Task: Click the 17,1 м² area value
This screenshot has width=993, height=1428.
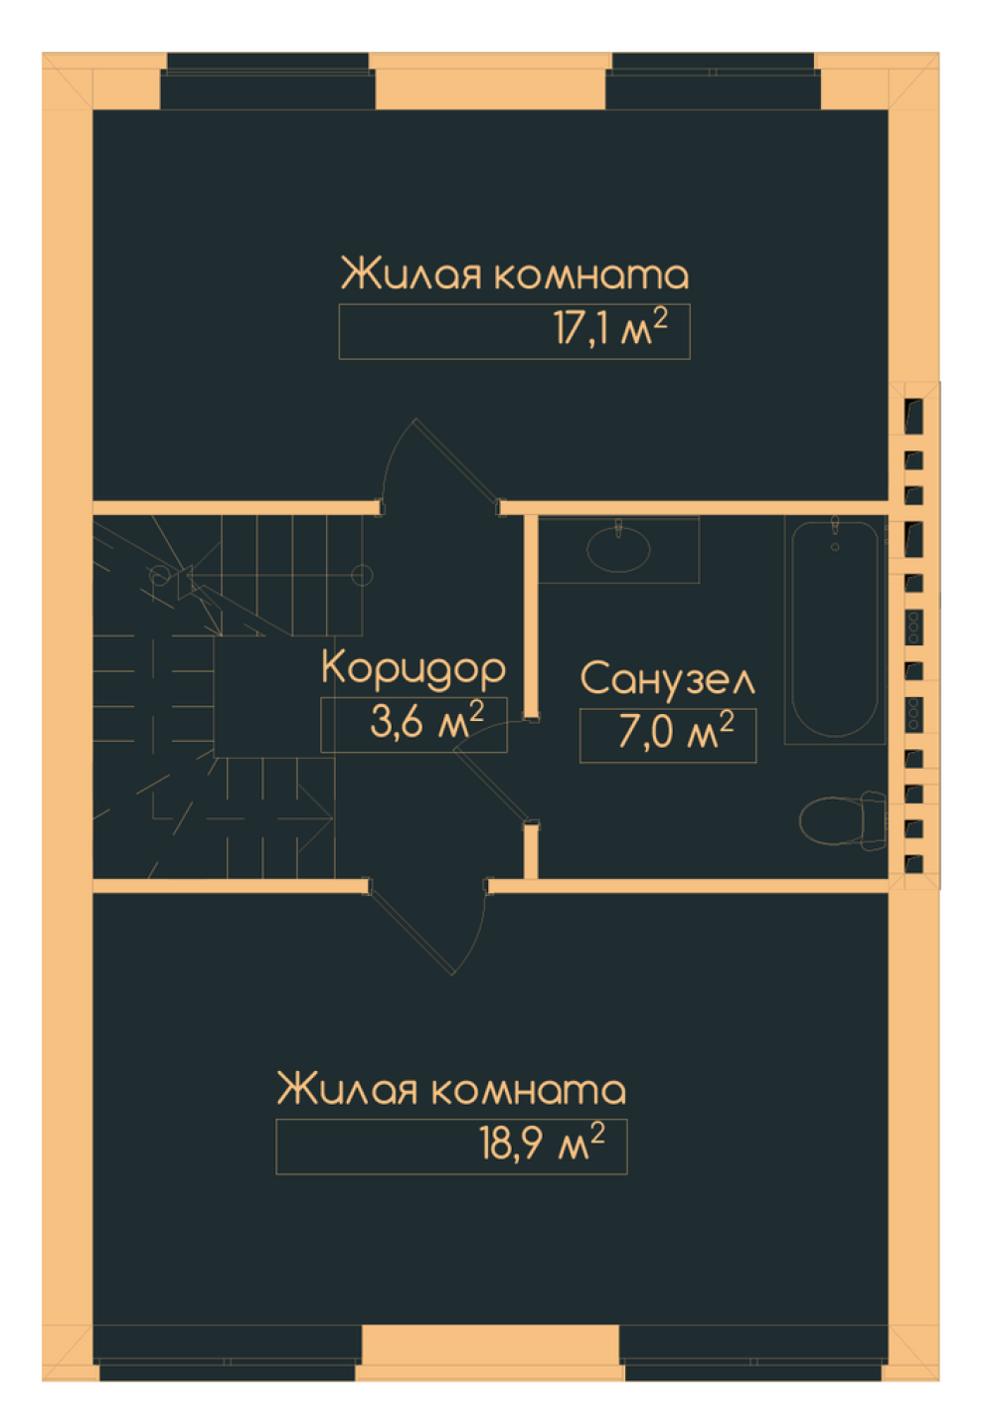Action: (x=609, y=329)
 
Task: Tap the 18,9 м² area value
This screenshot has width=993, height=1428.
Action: (x=542, y=1145)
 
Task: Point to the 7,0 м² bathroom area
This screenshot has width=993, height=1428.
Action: (x=676, y=733)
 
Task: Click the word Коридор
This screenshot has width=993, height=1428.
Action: (x=414, y=669)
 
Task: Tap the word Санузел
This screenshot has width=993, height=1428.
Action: (x=667, y=679)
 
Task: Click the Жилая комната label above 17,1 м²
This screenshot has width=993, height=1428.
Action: (x=514, y=274)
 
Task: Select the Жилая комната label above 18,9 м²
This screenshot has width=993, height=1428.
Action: (x=451, y=1090)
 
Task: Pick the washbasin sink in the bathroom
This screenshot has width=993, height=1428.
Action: (x=618, y=549)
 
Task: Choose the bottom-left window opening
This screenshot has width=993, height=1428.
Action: (x=228, y=1352)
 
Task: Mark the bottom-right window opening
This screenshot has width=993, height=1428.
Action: (x=752, y=1352)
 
